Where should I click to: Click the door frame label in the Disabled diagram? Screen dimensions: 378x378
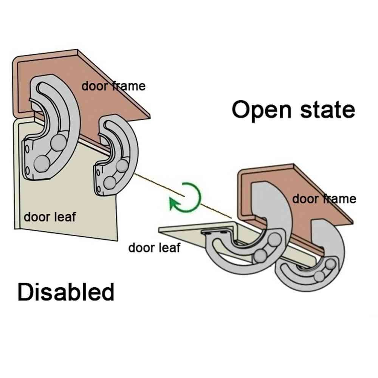[x=113, y=86]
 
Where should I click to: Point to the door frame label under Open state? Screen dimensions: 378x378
[x=324, y=198]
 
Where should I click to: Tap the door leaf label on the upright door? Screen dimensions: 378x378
[x=50, y=217]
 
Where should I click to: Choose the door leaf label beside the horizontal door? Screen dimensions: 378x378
[x=154, y=248]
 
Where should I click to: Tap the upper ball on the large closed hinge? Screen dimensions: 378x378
[x=59, y=143]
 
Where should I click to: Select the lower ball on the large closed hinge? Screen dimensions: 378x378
[x=42, y=163]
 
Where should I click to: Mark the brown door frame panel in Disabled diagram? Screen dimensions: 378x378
[x=110, y=102]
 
